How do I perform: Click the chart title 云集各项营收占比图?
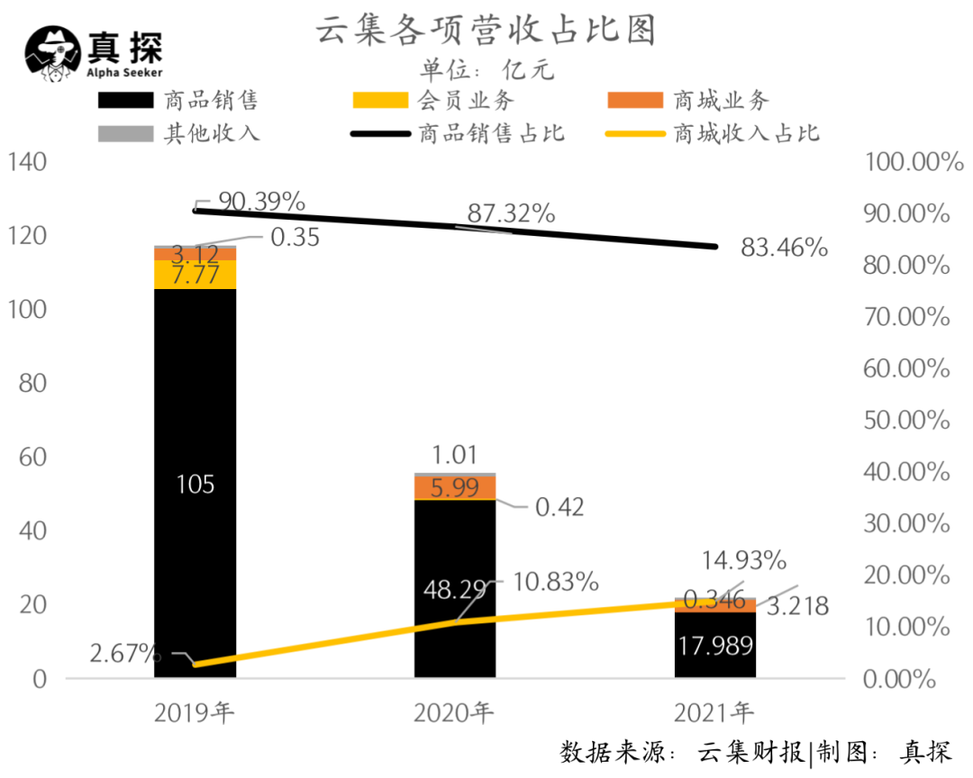pyautogui.click(x=485, y=31)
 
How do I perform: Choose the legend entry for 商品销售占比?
pyautogui.click(x=459, y=133)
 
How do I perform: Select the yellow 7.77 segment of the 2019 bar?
pyautogui.click(x=195, y=275)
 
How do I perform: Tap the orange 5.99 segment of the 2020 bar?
pyautogui.click(x=455, y=487)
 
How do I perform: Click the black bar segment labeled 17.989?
pyautogui.click(x=714, y=645)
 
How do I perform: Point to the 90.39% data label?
pyautogui.click(x=261, y=201)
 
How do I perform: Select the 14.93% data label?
pyautogui.click(x=743, y=560)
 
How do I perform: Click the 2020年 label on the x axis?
pyautogui.click(x=454, y=714)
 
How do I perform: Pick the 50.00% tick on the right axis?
pyautogui.click(x=906, y=421)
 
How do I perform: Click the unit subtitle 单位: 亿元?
pyautogui.click(x=486, y=69)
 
